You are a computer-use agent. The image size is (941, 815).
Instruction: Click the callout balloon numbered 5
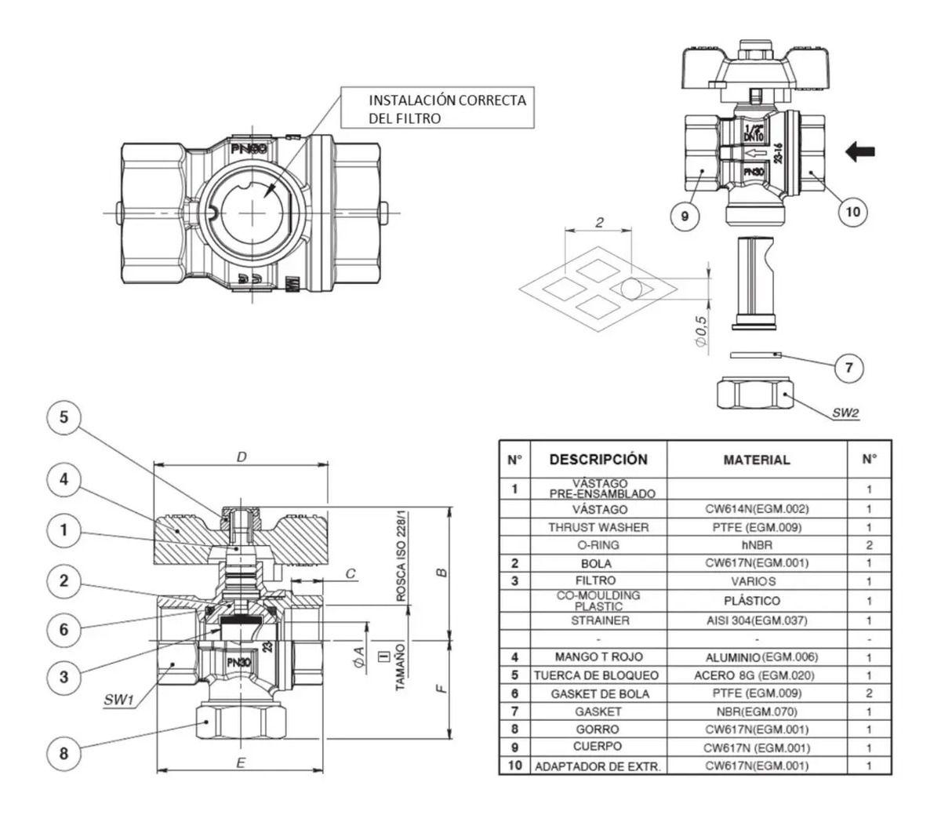point(64,417)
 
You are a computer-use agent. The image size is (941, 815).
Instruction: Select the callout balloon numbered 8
point(64,753)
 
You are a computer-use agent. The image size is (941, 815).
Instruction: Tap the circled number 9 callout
point(685,216)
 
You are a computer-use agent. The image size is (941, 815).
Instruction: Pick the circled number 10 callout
point(852,212)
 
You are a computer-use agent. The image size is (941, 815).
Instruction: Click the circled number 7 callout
point(848,367)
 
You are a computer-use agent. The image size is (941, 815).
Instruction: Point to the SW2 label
point(845,413)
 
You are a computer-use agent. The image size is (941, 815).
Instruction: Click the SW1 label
point(118,700)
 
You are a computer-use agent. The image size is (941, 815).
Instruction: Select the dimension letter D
point(242,457)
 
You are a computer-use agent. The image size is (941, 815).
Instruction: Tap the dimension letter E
point(241,762)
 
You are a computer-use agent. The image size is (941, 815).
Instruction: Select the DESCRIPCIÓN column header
point(598,459)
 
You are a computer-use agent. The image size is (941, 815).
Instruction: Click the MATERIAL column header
point(757,460)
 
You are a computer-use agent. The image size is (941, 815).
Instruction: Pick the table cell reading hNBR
point(758,544)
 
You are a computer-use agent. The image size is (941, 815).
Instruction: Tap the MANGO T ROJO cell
point(598,657)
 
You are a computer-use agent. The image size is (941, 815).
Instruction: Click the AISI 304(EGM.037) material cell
point(757,620)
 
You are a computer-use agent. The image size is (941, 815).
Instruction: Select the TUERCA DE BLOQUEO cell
point(597,675)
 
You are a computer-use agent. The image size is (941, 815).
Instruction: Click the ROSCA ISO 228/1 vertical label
point(401,556)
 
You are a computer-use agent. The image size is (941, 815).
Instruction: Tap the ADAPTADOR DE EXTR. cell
point(598,766)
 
